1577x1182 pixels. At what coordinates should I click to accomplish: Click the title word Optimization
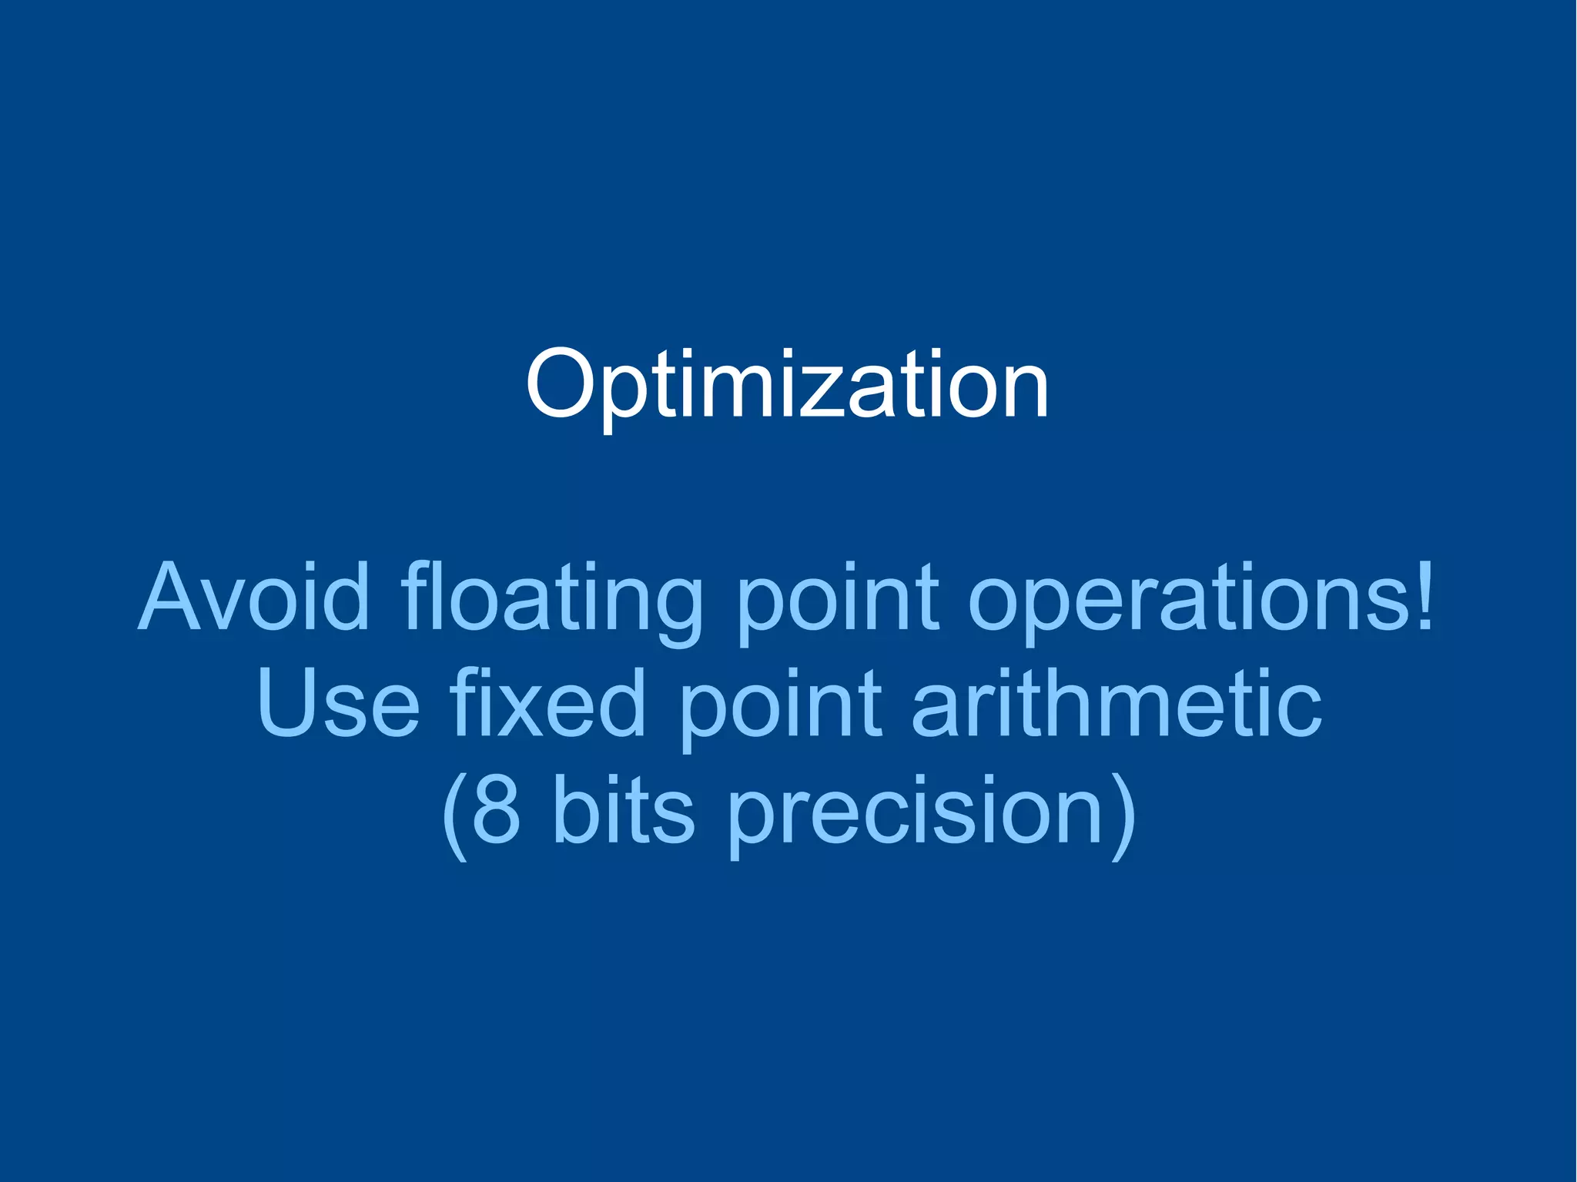[x=787, y=385]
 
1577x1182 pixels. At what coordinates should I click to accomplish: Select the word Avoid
[x=254, y=597]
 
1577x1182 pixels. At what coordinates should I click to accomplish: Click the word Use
[x=339, y=702]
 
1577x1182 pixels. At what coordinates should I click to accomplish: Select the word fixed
[x=547, y=702]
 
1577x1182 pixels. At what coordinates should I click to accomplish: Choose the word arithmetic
[x=1116, y=702]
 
